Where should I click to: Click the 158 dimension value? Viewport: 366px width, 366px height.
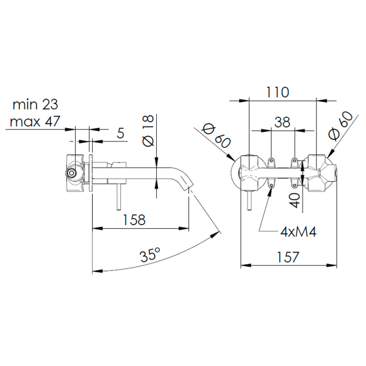tap(134, 220)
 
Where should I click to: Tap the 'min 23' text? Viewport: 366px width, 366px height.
tap(35, 104)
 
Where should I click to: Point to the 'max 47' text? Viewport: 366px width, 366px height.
tap(35, 121)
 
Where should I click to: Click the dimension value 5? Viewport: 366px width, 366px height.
tap(120, 133)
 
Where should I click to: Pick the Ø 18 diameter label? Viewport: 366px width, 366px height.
tap(148, 131)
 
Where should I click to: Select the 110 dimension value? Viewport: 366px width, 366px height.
tap(278, 92)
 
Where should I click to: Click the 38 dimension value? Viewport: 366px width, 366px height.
tap(282, 122)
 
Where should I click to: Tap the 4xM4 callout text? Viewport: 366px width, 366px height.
tap(298, 232)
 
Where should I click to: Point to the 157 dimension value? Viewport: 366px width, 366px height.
tap(288, 257)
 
